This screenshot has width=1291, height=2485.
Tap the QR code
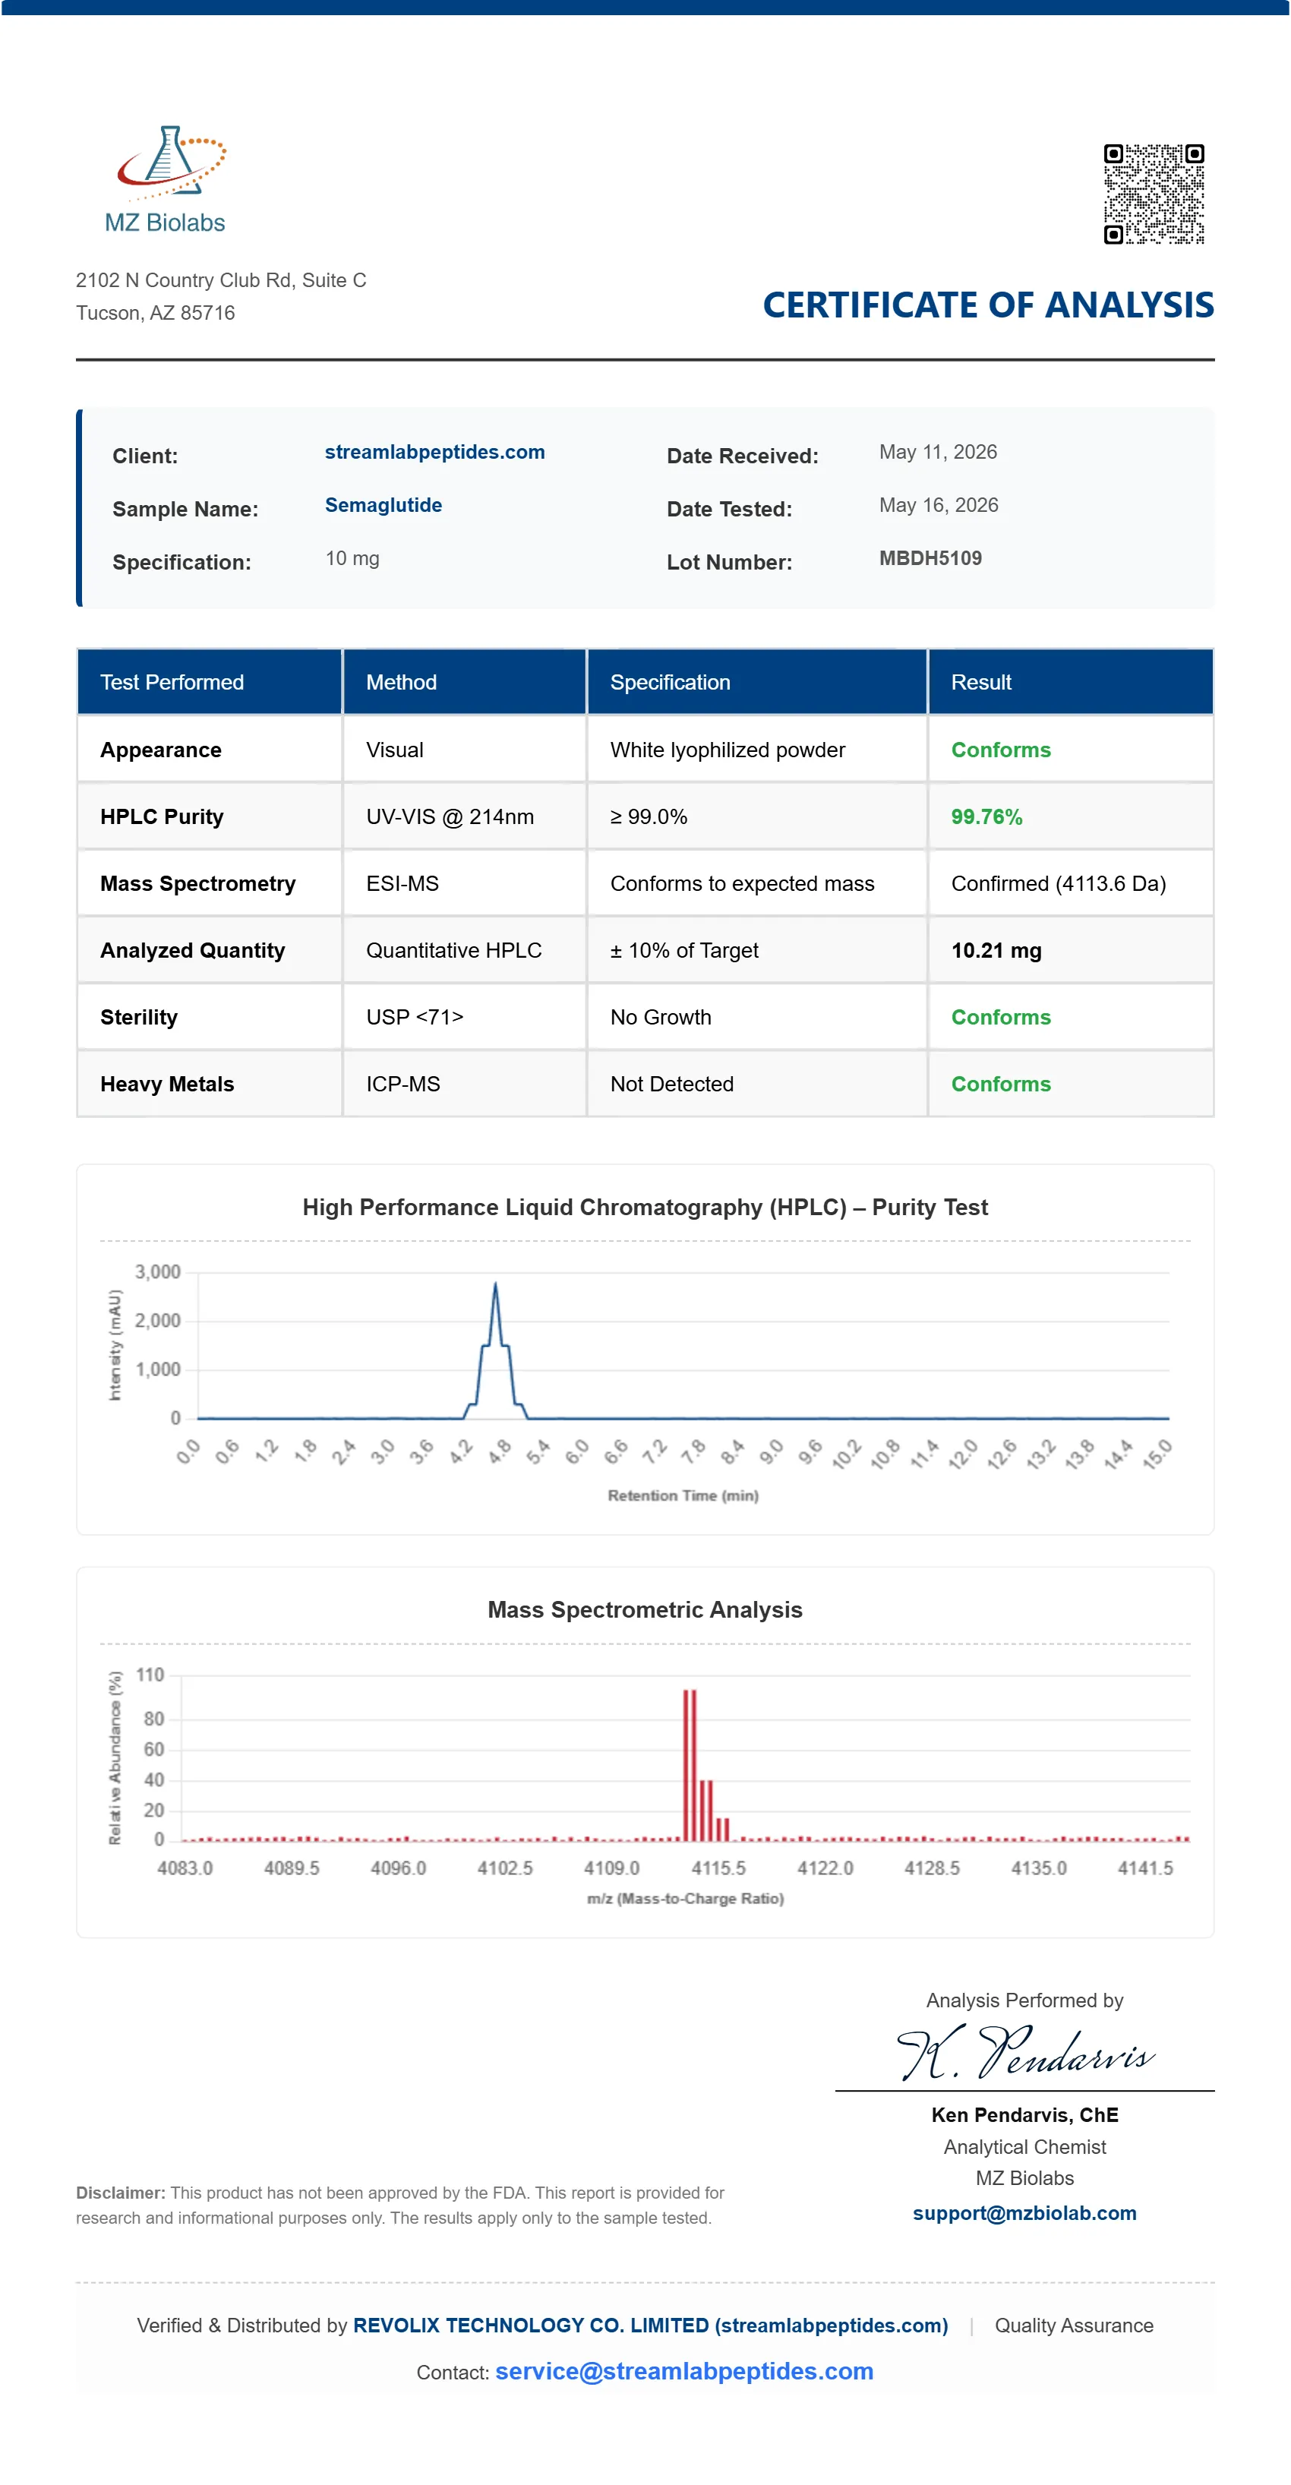tap(1154, 194)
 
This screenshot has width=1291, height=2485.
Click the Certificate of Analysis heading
tap(988, 305)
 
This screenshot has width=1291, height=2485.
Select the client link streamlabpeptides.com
tap(434, 453)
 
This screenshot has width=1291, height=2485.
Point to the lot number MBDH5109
tap(930, 558)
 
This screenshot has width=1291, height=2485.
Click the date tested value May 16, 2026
tap(938, 506)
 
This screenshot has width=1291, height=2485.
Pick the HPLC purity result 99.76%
tap(986, 817)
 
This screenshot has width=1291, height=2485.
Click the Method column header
tap(402, 682)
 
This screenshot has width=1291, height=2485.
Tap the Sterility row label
tap(139, 1018)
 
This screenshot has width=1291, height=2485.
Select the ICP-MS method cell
tap(402, 1085)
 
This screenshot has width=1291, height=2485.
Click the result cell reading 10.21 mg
tap(996, 950)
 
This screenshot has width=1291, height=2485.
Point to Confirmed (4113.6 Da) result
tap(1059, 883)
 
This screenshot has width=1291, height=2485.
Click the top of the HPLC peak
tap(496, 1283)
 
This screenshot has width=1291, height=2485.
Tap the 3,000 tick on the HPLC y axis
tap(157, 1272)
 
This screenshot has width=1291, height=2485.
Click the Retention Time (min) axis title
tap(683, 1496)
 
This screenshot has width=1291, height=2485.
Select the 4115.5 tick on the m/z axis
tap(718, 1868)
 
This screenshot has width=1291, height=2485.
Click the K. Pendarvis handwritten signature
tap(1026, 2053)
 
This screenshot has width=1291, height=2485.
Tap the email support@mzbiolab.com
tap(1024, 2213)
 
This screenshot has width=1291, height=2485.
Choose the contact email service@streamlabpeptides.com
tap(684, 2371)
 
